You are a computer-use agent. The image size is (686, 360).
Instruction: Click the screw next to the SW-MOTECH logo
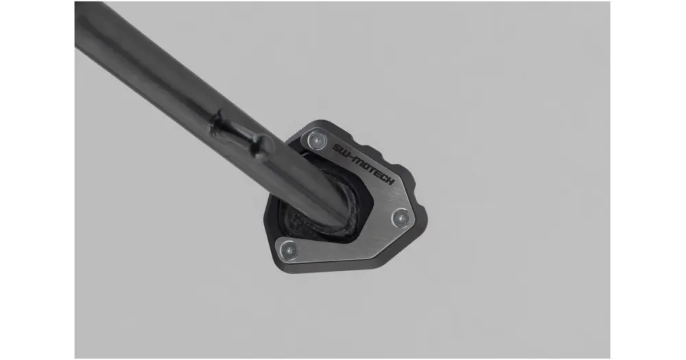[317, 140]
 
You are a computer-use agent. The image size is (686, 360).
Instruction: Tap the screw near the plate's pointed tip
[401, 217]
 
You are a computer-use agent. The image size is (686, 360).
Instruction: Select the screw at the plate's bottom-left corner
[289, 250]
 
